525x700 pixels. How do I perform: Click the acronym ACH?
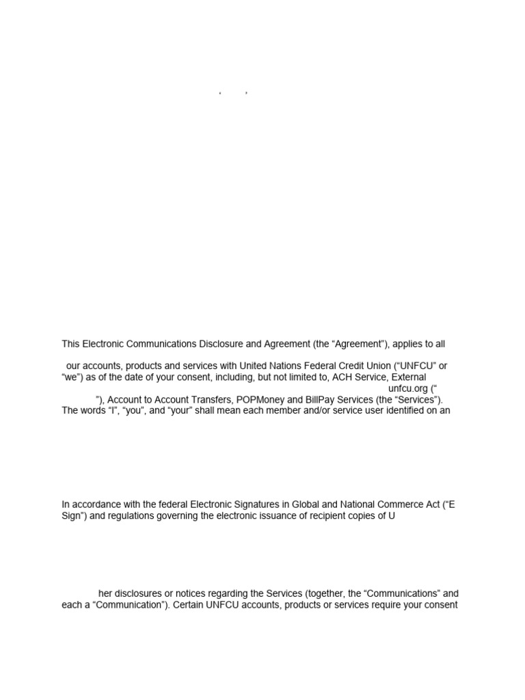pos(339,377)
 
